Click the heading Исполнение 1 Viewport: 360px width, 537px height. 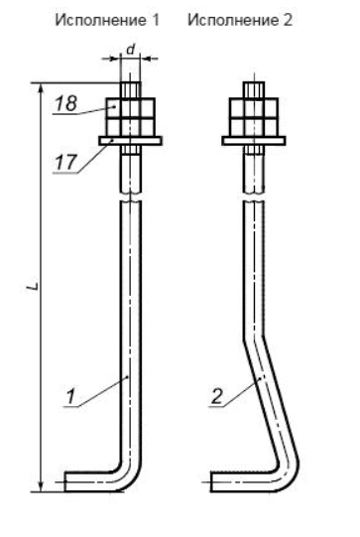tap(107, 21)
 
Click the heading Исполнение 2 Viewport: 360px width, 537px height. tap(240, 21)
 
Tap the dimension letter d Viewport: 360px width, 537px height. tap(130, 49)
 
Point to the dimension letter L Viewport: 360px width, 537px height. tap(33, 287)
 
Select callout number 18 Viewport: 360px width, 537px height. tap(66, 103)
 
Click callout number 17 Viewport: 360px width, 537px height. tap(65, 162)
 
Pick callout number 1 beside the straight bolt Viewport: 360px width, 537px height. tap(70, 397)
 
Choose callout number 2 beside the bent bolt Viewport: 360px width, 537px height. tap(217, 397)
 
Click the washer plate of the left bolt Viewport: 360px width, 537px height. tap(130, 141)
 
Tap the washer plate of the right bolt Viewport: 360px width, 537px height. tap(254, 141)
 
